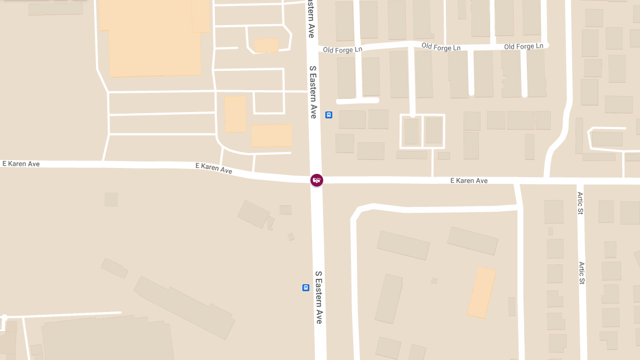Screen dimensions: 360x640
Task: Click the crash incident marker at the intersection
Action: point(317,180)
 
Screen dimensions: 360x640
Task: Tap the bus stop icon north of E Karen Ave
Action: point(329,115)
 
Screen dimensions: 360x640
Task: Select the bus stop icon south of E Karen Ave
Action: point(306,287)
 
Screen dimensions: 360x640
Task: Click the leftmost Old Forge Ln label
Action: point(342,50)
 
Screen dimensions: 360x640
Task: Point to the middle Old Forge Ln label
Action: point(441,47)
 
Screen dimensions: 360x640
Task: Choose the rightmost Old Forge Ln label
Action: point(523,46)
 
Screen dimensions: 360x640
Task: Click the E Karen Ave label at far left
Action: point(21,164)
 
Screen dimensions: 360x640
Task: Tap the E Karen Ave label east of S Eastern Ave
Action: point(469,181)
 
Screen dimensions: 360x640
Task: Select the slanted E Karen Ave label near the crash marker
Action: point(213,168)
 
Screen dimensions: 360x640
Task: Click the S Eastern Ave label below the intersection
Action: point(318,297)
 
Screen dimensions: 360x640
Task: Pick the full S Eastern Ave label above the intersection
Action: point(314,92)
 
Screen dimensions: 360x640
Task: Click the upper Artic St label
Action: point(580,203)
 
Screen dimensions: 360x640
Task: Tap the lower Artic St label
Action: point(582,273)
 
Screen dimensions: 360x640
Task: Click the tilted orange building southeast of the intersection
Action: point(482,292)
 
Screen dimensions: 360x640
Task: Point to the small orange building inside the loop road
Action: point(266,45)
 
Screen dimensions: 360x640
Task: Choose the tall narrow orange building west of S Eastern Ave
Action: point(235,114)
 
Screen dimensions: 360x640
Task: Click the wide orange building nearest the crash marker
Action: point(271,135)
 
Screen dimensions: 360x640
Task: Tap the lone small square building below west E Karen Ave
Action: point(111,199)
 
